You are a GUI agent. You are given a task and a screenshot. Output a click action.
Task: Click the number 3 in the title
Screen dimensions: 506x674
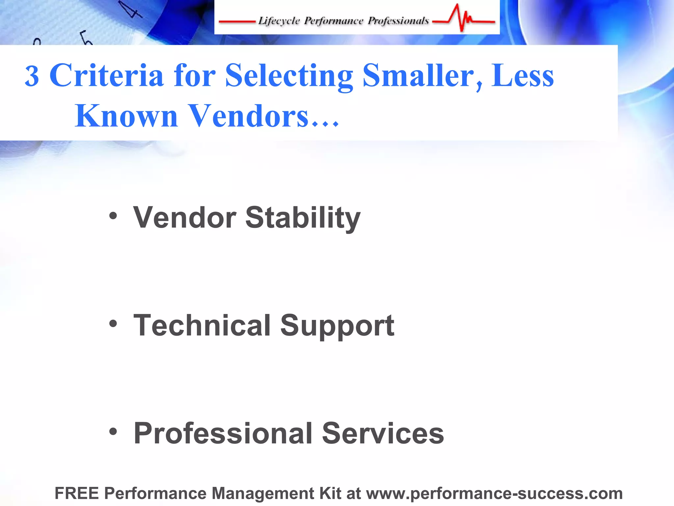click(x=32, y=76)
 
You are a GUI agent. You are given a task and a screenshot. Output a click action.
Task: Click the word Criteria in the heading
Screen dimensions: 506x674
click(x=106, y=75)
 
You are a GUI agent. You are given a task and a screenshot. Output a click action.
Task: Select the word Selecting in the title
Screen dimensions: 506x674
click(x=289, y=76)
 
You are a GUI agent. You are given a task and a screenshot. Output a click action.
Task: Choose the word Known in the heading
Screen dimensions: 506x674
click(x=126, y=116)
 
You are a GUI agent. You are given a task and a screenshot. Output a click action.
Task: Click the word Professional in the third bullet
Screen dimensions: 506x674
click(x=223, y=433)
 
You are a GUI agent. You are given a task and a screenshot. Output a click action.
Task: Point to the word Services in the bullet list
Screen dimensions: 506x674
click(x=383, y=433)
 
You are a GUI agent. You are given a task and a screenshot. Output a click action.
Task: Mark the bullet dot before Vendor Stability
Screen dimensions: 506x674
click(x=113, y=216)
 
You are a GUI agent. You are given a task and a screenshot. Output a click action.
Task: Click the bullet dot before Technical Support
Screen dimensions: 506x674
click(x=113, y=323)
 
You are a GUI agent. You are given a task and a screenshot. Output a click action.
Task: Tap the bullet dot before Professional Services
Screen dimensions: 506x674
click(x=113, y=431)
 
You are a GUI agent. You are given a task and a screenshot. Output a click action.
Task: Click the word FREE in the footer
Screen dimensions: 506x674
click(x=77, y=493)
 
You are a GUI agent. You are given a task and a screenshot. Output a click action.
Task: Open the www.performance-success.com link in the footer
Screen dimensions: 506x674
click(x=494, y=493)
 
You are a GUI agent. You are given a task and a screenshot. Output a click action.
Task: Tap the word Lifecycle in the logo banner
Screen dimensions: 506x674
click(x=279, y=21)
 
